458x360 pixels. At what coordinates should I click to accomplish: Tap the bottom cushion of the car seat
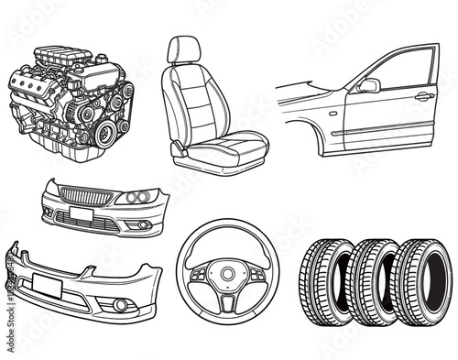pos(229,144)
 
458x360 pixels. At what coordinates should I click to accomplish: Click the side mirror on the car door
pos(369,85)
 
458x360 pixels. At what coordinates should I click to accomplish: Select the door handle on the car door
pos(423,95)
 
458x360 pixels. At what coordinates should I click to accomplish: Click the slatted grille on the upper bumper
pos(89,195)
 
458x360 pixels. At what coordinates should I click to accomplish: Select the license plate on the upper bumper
pos(81,214)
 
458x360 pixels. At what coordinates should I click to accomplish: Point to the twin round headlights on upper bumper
pos(137,197)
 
